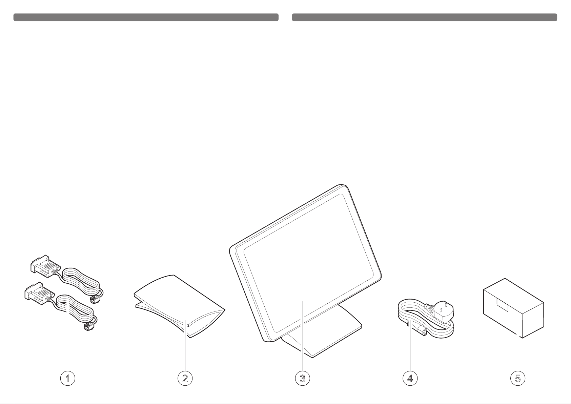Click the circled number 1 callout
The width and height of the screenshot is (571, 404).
point(68,378)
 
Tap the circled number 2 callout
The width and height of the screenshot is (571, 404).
point(185,378)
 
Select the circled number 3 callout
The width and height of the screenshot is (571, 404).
point(302,378)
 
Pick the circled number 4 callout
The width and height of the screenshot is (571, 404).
point(410,378)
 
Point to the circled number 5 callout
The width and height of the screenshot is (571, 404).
point(518,378)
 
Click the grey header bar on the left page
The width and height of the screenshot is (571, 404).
point(146,17)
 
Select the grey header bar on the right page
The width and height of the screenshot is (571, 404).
point(424,17)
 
